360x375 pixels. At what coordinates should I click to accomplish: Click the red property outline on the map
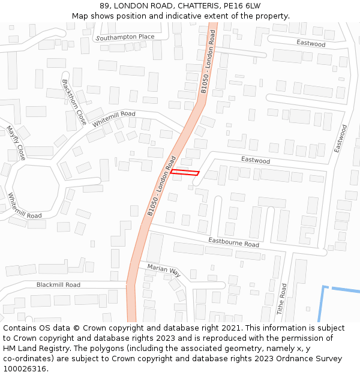click(185, 173)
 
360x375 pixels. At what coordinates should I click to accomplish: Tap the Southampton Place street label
click(125, 37)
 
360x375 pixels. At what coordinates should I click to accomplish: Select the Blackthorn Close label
click(74, 103)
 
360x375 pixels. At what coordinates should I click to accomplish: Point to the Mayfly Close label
click(16, 143)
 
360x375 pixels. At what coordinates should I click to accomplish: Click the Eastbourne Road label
click(233, 242)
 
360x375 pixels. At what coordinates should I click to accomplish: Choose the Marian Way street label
click(164, 270)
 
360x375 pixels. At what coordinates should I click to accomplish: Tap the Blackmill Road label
click(58, 285)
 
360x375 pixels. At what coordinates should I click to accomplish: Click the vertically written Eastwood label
click(340, 139)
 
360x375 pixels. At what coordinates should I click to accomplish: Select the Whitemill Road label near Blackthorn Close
click(114, 119)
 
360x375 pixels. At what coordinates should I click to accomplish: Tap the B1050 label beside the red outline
click(161, 186)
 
